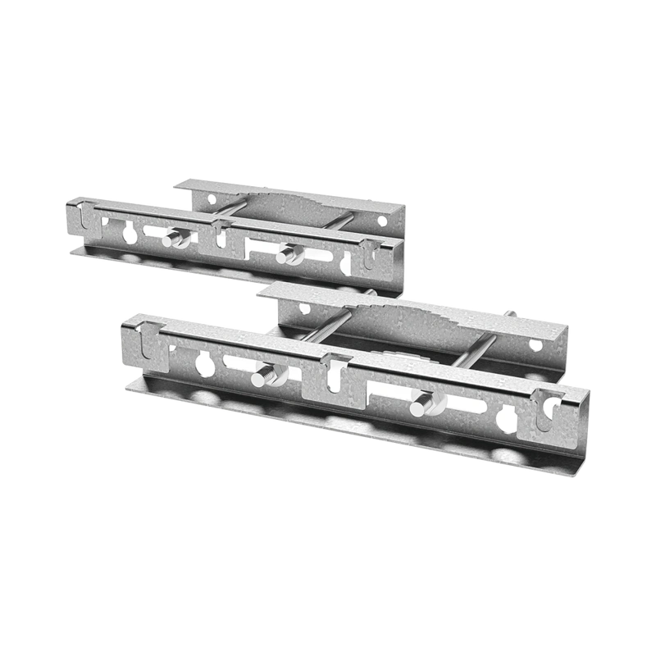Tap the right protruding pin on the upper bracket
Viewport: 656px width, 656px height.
pos(285,257)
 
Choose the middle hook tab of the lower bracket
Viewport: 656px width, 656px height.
pos(333,369)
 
